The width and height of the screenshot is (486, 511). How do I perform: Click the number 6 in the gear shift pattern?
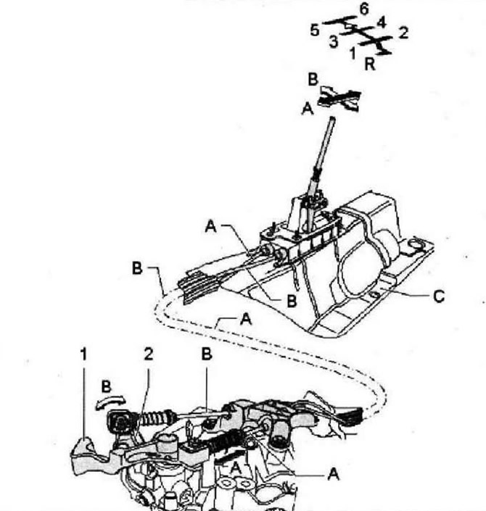pos(364,9)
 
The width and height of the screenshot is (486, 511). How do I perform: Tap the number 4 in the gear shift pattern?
pos(382,22)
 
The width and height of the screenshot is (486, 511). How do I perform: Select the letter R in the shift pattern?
pos(370,64)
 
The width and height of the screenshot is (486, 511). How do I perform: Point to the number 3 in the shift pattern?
pos(334,42)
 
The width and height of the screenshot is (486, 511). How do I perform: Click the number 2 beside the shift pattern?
pos(403,33)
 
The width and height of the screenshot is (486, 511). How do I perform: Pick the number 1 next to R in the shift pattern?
pos(353,53)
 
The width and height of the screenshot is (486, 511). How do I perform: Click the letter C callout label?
pos(439,296)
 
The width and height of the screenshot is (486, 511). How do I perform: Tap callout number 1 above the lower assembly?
pos(84,354)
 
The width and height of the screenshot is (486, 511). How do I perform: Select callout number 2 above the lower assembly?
pos(149,354)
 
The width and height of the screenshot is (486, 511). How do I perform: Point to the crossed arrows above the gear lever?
pos(339,99)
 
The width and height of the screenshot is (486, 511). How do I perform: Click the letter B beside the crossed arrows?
pos(313,80)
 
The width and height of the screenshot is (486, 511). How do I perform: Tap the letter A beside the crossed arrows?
pos(308,109)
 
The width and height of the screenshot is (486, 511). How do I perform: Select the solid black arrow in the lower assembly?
pos(230,455)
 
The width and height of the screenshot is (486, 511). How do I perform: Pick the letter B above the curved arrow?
pos(107,387)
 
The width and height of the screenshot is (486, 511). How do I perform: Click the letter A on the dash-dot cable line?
pos(246,320)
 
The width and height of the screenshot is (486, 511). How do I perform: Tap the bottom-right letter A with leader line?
pos(334,475)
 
